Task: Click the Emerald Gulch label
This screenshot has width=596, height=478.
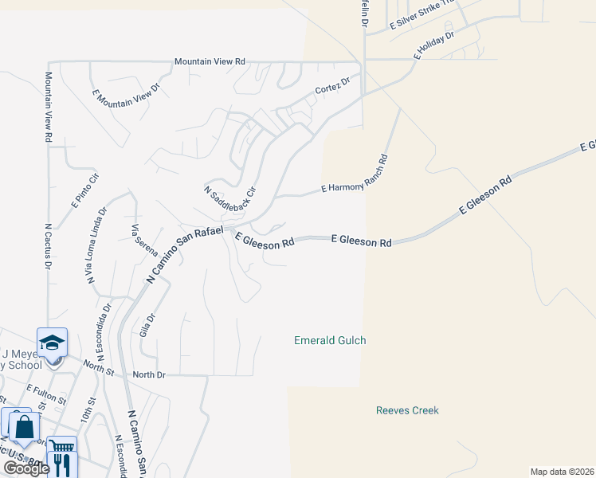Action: click(x=330, y=340)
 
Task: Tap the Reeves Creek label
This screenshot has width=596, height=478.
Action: click(x=407, y=410)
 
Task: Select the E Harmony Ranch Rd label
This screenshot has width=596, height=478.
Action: click(x=354, y=174)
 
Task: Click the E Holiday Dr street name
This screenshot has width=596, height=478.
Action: click(x=433, y=46)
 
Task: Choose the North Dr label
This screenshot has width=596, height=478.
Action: click(x=149, y=374)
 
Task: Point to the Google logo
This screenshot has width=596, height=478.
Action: click(x=26, y=468)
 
